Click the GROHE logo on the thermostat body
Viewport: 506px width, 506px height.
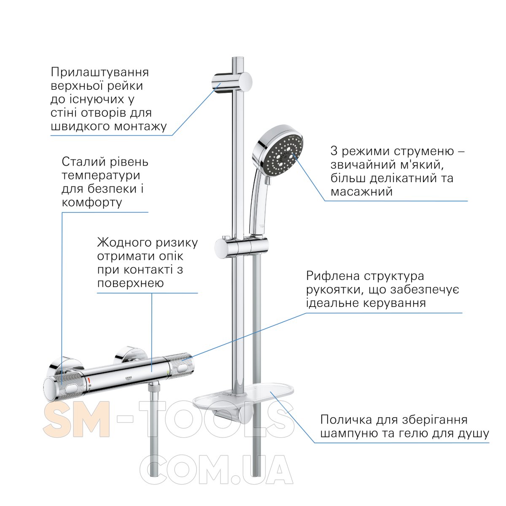pyautogui.click(x=129, y=378)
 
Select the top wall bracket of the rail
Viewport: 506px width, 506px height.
pyautogui.click(x=232, y=82)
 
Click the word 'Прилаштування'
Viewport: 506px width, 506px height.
pyautogui.click(x=100, y=72)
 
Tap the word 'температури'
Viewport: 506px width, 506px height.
pyautogui.click(x=101, y=176)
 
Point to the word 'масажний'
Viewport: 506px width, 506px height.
pyautogui.click(x=361, y=192)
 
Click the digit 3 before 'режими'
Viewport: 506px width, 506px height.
pyautogui.click(x=334, y=151)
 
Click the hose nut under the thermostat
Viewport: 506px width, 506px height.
pyautogui.click(x=153, y=388)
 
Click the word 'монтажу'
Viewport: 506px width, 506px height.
pyautogui.click(x=141, y=127)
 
